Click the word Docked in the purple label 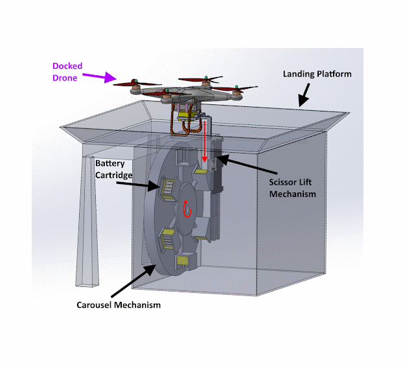(x=67, y=66)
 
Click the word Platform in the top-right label (x=335, y=74)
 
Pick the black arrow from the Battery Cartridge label (x=146, y=186)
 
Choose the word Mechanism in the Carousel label (x=137, y=305)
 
